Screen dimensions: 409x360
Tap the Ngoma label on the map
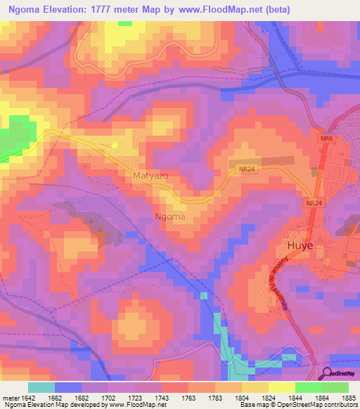coord(170,216)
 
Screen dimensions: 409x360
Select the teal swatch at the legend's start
coord(41,387)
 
